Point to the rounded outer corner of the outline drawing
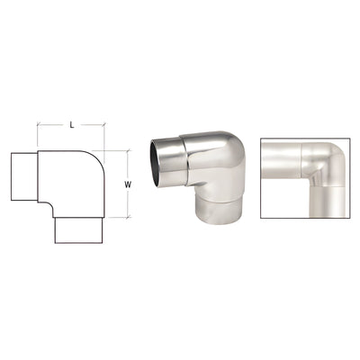click(x=94, y=162)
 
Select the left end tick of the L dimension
click(x=38, y=135)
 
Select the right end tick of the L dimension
click(x=104, y=136)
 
